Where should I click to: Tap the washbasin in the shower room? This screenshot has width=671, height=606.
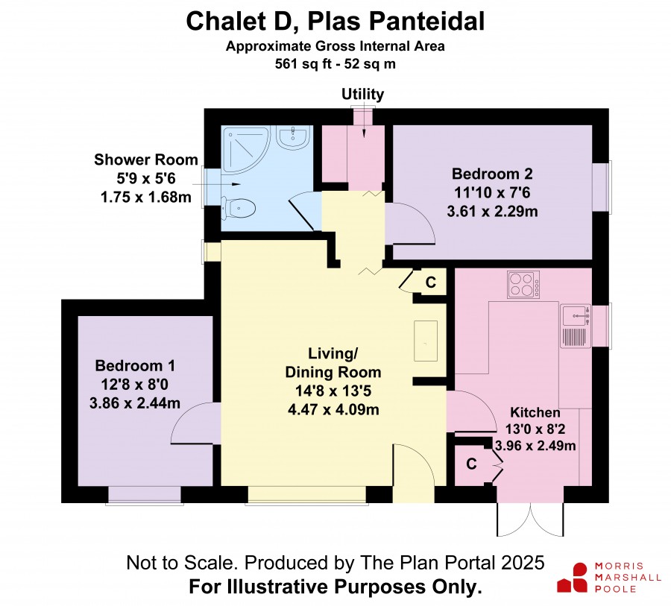pos(293,138)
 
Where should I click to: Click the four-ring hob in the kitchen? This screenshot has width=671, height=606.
pos(523,285)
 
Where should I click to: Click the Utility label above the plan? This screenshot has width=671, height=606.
pos(362,94)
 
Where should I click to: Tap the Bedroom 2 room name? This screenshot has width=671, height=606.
pos(492,174)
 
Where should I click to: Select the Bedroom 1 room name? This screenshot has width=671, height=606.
pos(135,365)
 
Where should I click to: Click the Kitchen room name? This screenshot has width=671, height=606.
pos(535,412)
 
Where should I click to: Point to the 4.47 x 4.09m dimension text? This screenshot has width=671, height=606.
pos(333,409)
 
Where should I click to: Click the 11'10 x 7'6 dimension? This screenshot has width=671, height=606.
pos(492,192)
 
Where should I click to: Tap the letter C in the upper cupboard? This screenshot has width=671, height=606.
pos(430,283)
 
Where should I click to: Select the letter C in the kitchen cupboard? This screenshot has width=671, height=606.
pos(471,464)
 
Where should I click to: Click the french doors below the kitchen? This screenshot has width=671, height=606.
pos(530,520)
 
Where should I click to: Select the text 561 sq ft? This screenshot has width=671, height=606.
pos(299,64)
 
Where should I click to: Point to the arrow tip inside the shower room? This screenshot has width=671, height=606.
pos(240,184)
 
